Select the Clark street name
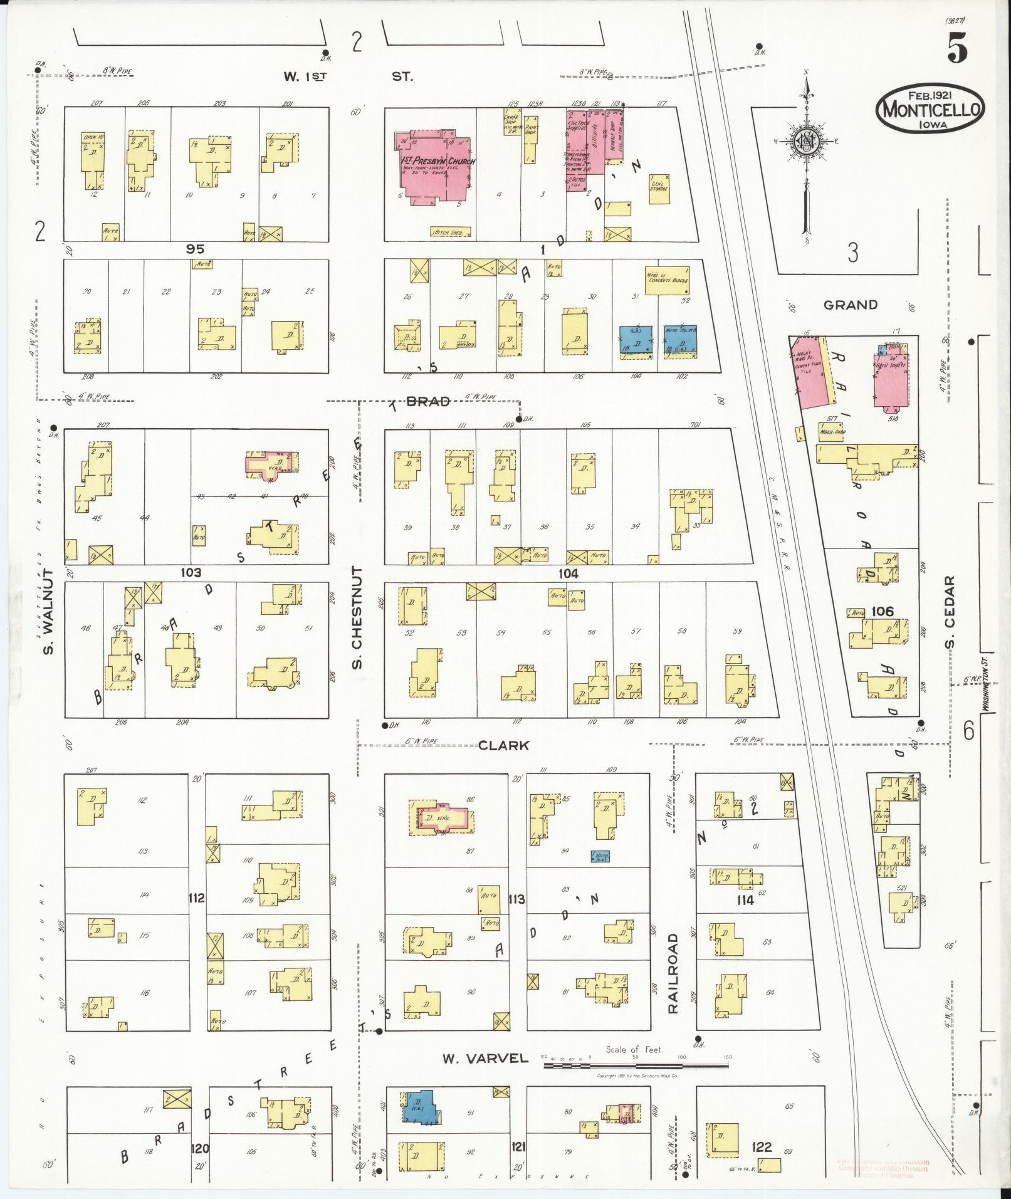(x=503, y=745)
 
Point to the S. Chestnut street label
(x=357, y=617)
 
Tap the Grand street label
(x=850, y=305)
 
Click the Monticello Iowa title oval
(x=930, y=108)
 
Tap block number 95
(x=195, y=249)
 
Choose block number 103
(x=191, y=572)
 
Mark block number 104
(x=568, y=573)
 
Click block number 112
(x=197, y=899)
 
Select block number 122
(x=762, y=1147)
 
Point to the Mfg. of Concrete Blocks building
(x=667, y=276)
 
